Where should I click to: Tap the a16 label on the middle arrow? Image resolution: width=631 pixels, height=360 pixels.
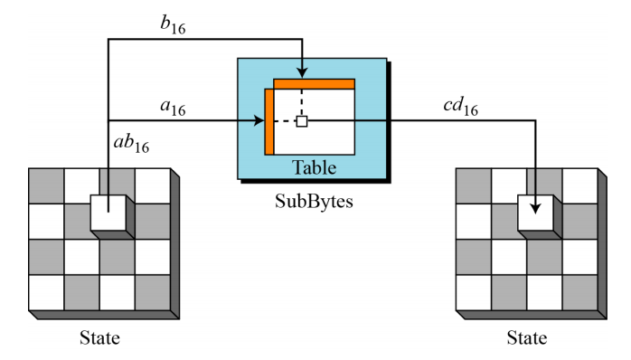173,108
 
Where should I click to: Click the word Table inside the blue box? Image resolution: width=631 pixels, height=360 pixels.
313,167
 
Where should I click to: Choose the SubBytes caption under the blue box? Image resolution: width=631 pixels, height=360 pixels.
313,201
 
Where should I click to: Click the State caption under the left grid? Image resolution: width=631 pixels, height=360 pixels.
99,339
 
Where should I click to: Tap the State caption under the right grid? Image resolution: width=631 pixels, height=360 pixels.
525,339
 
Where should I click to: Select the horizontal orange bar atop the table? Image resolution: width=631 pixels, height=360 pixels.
315,84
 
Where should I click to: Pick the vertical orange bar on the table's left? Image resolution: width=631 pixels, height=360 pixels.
268,122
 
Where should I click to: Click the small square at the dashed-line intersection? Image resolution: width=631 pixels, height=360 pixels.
302,121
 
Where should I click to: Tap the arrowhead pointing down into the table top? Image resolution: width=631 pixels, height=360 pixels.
302,71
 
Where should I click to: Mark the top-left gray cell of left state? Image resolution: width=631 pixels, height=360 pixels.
46,185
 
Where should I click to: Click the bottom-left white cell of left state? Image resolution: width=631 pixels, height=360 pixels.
46,291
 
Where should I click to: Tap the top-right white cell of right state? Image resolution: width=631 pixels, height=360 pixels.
579,185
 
